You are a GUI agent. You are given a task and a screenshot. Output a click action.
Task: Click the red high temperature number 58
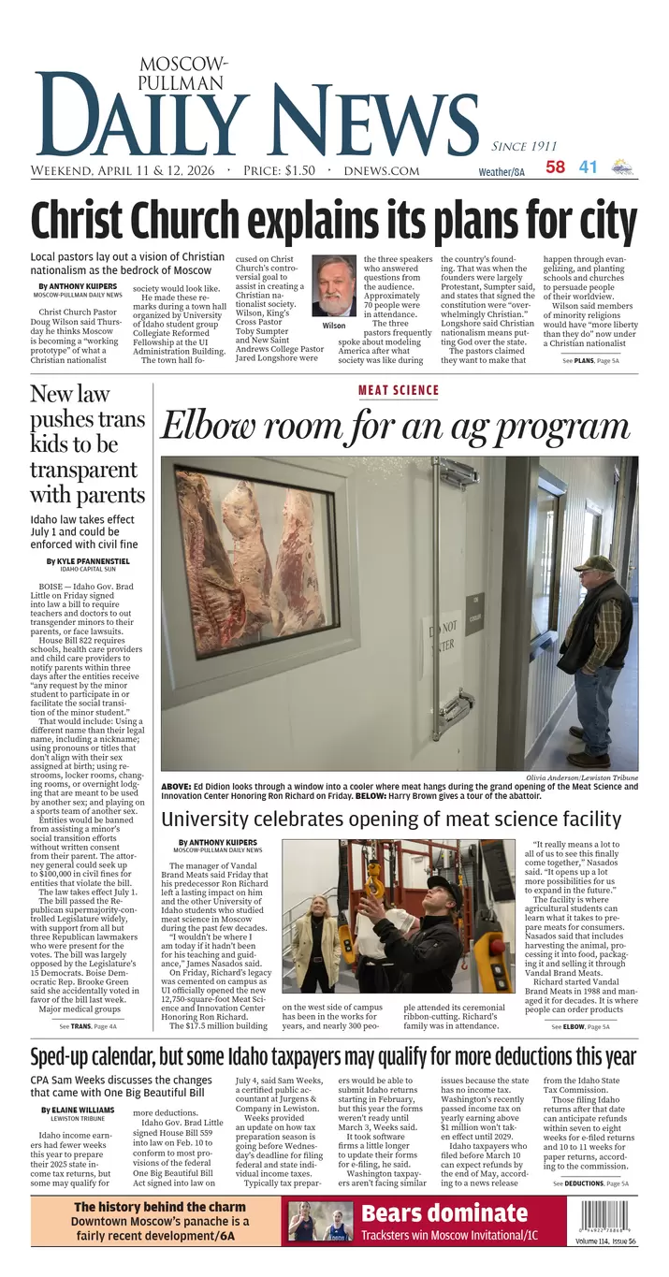point(556,167)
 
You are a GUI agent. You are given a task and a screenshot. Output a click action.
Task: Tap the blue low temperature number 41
point(588,167)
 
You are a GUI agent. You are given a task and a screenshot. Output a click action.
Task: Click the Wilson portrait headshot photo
point(333,285)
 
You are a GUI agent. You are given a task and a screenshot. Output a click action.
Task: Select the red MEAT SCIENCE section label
point(399,391)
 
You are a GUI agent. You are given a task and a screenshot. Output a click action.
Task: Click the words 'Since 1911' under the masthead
point(524,146)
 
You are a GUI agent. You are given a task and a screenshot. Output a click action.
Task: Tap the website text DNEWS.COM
point(381,171)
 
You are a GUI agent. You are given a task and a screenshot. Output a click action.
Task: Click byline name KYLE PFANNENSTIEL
point(89,561)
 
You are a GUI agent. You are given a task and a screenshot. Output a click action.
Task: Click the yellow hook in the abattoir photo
point(374,880)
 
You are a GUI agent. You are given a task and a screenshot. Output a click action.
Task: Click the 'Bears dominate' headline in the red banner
point(444,1214)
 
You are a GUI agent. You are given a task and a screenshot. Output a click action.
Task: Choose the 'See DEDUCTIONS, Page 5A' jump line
point(590,1183)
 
